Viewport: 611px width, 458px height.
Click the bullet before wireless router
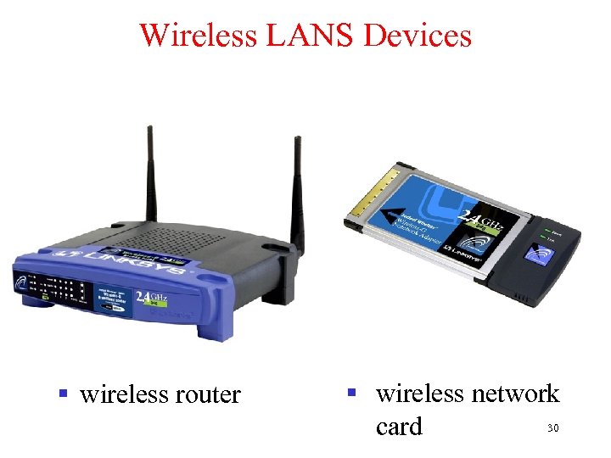click(61, 394)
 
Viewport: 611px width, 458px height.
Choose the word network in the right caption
click(516, 394)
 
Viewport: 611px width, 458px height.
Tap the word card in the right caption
click(398, 427)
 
